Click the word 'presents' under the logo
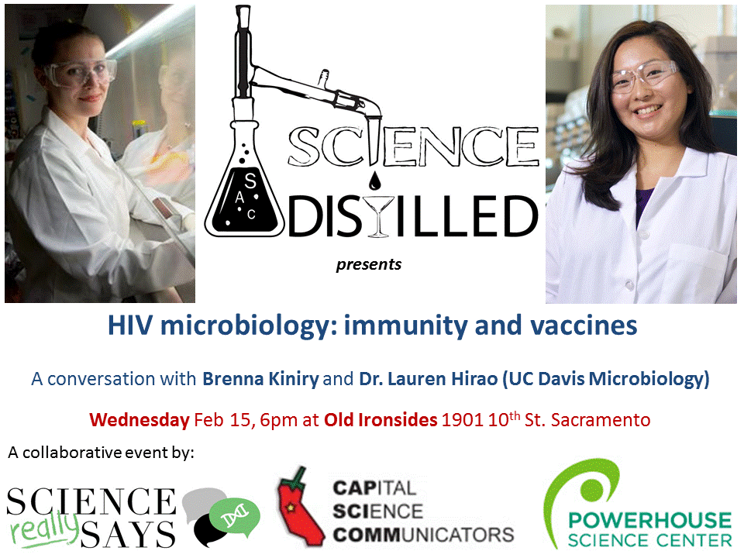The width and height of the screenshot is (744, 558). tap(369, 264)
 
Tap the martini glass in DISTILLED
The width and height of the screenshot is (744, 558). tap(378, 216)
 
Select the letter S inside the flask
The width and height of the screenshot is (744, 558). tap(250, 181)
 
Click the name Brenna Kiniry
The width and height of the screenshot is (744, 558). tap(260, 379)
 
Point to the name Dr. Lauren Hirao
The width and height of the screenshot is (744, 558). tap(429, 379)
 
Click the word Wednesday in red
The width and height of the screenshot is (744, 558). tap(139, 420)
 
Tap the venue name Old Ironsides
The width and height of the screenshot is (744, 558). tap(381, 419)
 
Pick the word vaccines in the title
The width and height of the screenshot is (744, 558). tap(584, 325)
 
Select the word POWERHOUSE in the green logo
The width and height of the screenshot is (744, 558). tap(650, 520)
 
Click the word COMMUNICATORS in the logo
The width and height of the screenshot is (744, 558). tap(423, 535)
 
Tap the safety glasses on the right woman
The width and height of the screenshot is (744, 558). tap(643, 77)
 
